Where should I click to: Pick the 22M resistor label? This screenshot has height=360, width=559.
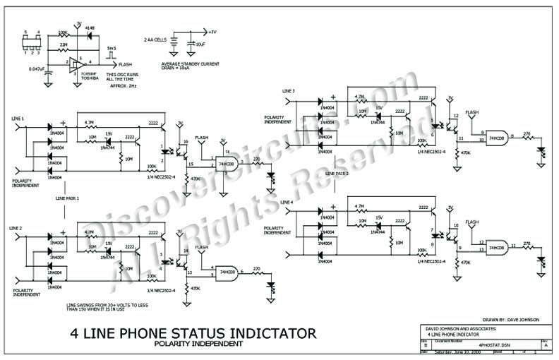[x=64, y=44]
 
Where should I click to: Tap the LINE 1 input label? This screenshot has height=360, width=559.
[x=18, y=118]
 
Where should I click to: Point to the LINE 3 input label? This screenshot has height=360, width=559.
[x=288, y=92]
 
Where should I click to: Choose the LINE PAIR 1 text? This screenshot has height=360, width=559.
[x=67, y=199]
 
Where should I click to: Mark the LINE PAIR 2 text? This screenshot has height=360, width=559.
[x=337, y=172]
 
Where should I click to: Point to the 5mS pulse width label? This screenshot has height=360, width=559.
[x=111, y=49]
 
